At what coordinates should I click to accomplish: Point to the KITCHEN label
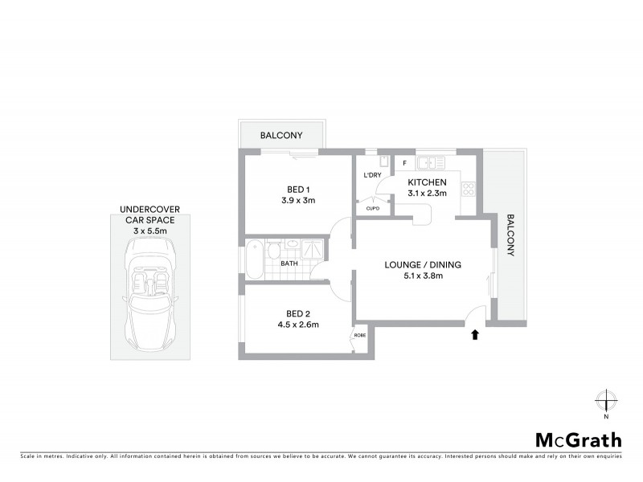(x=427, y=182)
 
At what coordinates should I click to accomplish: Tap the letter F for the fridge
(x=404, y=163)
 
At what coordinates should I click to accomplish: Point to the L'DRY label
(x=372, y=175)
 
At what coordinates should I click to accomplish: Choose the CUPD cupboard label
(x=372, y=207)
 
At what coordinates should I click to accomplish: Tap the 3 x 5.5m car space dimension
(x=151, y=230)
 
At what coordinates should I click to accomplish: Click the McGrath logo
(x=579, y=439)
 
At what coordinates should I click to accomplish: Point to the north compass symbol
(x=606, y=401)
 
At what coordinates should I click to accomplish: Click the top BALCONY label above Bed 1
(x=281, y=136)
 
